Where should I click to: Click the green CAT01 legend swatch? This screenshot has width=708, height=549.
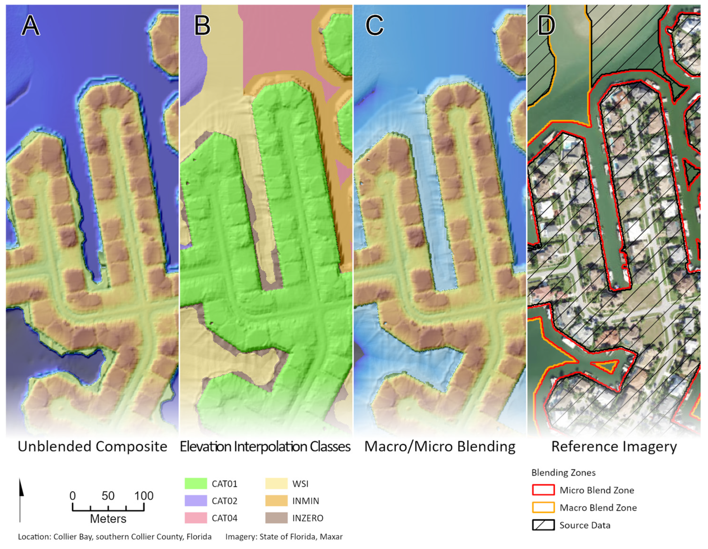(196, 484)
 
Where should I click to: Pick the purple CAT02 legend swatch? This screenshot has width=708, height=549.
(196, 501)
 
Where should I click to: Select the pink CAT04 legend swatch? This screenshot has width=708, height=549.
(196, 518)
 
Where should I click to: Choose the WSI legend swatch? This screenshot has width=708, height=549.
(276, 484)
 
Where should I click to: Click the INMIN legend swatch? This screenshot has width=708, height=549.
(276, 501)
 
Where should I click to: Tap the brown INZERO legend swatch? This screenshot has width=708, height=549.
(276, 518)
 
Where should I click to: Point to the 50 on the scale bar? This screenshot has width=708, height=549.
(108, 496)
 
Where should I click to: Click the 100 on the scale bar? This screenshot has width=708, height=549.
(144, 496)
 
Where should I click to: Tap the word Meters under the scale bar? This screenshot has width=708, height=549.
(108, 519)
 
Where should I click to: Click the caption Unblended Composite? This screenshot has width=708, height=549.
(92, 447)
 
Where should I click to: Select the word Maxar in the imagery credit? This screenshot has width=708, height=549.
(331, 537)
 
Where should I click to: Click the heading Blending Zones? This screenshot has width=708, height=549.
(563, 473)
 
